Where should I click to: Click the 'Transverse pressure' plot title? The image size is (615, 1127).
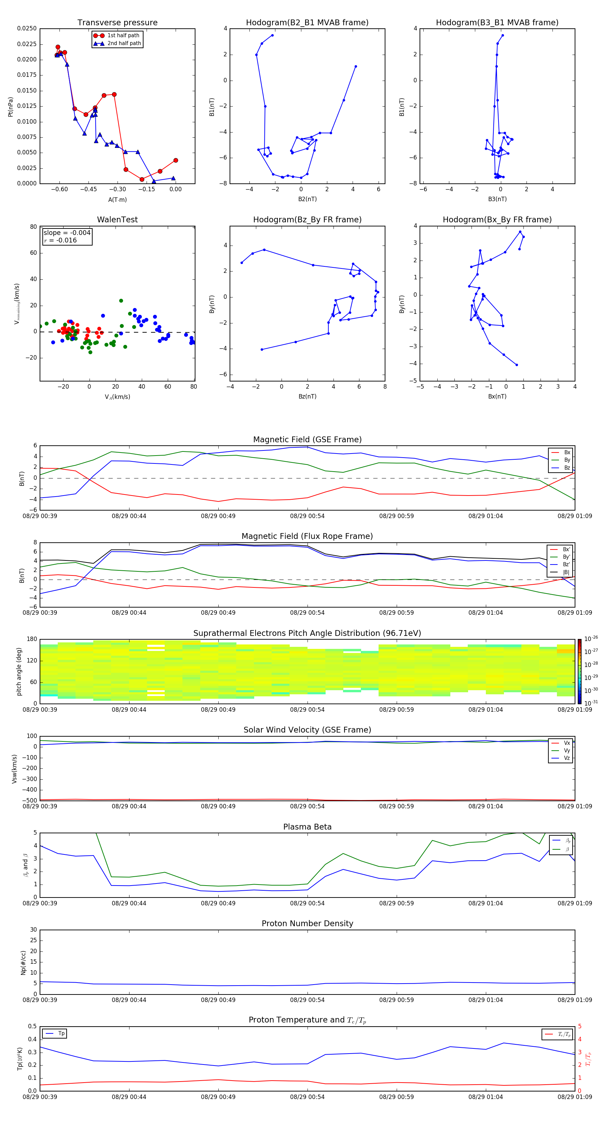coord(117,23)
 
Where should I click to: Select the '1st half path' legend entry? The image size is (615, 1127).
coord(123,36)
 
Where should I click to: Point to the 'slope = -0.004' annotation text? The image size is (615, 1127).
coord(67,233)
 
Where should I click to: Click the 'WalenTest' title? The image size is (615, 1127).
coord(117,220)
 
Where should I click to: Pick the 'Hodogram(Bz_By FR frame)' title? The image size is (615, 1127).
coord(307,220)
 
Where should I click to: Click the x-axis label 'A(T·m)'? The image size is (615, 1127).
coord(117,199)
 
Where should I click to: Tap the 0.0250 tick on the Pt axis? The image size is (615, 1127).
coord(27,28)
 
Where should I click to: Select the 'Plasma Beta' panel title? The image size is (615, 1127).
coord(307,827)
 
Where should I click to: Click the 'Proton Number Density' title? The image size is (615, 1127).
coord(307,923)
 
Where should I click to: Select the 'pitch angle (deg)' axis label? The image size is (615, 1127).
coord(19,671)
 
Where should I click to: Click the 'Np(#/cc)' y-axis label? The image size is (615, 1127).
coord(23,962)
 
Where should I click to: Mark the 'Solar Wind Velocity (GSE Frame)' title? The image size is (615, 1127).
coord(307,730)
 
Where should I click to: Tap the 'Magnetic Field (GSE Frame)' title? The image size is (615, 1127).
coord(307,440)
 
